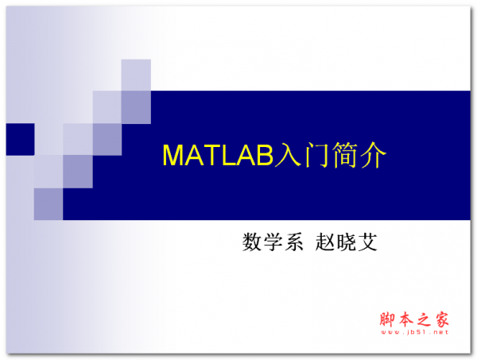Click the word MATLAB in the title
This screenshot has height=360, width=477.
click(x=217, y=156)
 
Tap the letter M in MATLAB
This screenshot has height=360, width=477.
click(x=172, y=156)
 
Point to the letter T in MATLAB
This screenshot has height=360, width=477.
click(x=206, y=156)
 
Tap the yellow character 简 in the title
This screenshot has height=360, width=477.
click(x=343, y=155)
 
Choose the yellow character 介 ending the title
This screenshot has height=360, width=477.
click(x=372, y=155)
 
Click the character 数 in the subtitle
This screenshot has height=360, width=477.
click(x=253, y=242)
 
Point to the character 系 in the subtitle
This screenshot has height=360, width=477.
click(x=294, y=242)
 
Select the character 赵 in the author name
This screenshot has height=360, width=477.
click(x=327, y=242)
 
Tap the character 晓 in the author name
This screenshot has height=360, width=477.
click(x=347, y=242)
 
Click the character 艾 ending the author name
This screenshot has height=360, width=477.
click(x=367, y=242)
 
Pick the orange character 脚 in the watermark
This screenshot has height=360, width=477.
click(x=386, y=319)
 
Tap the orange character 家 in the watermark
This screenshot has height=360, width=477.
click(x=441, y=319)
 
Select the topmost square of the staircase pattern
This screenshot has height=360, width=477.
click(x=136, y=75)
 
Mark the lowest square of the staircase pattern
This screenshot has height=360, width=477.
click(x=48, y=204)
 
